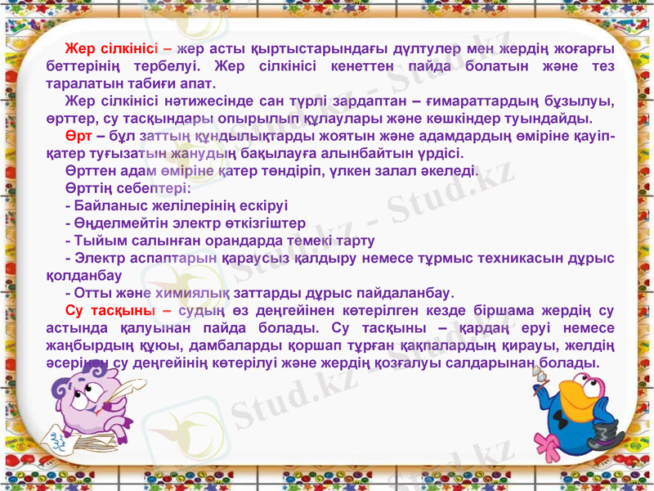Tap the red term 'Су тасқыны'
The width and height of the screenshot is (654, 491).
110,311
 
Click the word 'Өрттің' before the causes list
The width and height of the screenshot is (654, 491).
90,187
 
